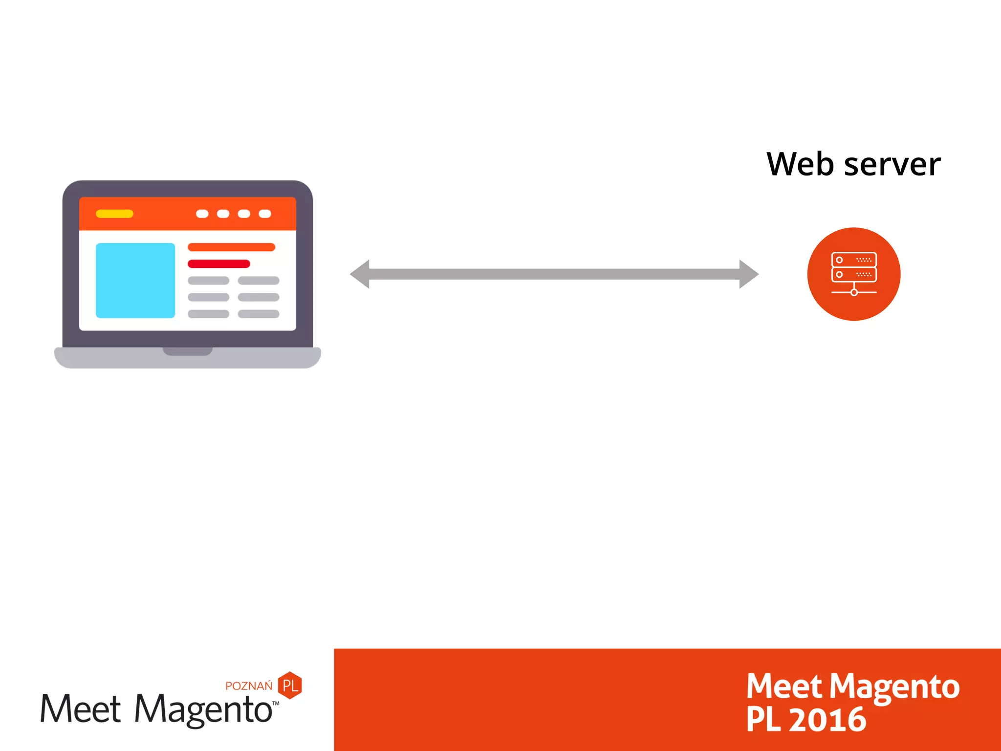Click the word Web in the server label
(800, 164)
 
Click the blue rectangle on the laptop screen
(135, 280)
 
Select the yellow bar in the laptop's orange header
(114, 214)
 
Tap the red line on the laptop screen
(218, 264)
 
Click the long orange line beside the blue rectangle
(231, 247)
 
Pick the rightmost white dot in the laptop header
(265, 214)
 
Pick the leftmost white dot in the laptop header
(202, 214)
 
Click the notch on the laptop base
(188, 351)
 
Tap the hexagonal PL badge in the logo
(290, 685)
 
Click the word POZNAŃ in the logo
(249, 686)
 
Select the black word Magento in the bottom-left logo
(203, 709)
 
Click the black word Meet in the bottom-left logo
(81, 709)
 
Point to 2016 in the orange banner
(827, 720)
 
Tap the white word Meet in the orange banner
(784, 686)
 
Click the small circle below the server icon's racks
(854, 292)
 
